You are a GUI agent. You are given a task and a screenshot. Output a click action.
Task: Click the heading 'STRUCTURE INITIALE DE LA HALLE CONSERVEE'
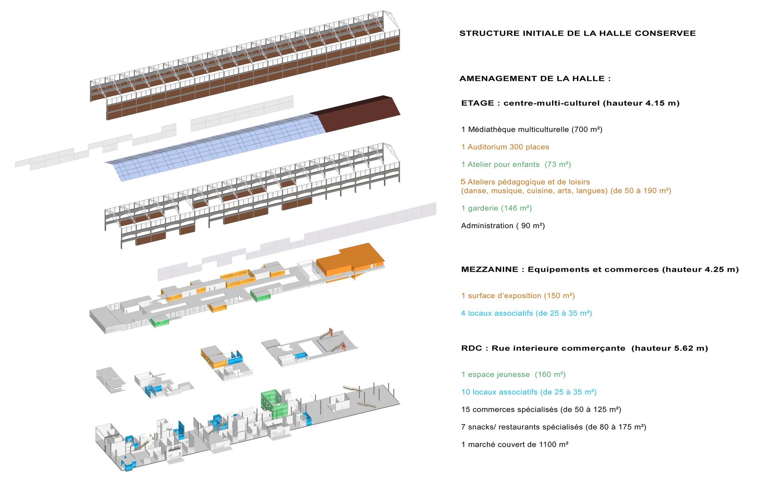[x=577, y=33]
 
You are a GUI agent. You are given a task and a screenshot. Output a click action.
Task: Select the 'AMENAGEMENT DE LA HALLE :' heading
[x=535, y=78]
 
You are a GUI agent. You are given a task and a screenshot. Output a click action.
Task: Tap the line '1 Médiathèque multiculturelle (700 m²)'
[x=532, y=129]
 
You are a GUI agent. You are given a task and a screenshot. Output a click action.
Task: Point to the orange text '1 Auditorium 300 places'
[x=505, y=147]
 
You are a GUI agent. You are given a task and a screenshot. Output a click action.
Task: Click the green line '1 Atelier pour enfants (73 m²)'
[x=516, y=164]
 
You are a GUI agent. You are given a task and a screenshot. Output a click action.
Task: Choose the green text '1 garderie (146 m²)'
[x=497, y=208]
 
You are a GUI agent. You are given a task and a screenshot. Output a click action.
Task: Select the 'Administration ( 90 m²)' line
[x=503, y=225]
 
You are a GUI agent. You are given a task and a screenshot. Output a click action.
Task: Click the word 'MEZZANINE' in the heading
[x=490, y=269]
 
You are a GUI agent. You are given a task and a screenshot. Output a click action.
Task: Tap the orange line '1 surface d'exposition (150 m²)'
[x=518, y=296]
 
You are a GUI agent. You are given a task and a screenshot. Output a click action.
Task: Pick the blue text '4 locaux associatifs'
[x=497, y=313]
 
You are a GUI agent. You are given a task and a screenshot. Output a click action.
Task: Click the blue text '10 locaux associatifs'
[x=499, y=392]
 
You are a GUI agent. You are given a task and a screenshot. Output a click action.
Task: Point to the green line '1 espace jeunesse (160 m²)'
[x=513, y=374]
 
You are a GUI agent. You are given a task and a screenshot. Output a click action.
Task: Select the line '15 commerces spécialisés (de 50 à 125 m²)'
[x=541, y=409]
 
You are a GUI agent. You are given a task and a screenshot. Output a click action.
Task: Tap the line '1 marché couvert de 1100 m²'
[x=515, y=444]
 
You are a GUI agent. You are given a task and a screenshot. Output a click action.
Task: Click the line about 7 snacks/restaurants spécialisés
[x=554, y=427]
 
